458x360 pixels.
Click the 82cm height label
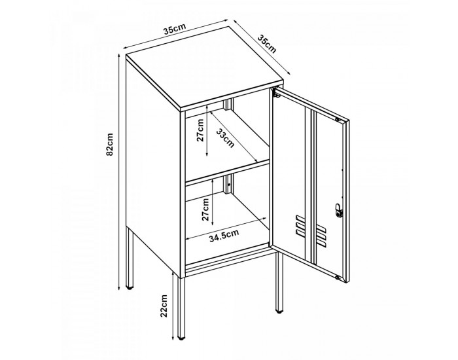(110, 145)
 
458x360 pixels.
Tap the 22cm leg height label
(164, 306)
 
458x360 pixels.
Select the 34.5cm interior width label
(224, 236)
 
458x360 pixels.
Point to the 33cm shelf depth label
(225, 139)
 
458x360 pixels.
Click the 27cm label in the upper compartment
(200, 130)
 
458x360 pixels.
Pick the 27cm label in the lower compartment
(205, 209)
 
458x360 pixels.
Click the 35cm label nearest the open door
(266, 44)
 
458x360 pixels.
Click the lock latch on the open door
(338, 210)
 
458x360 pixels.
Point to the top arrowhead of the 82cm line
(119, 56)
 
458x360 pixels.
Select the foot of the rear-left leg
(130, 288)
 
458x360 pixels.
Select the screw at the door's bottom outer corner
(338, 278)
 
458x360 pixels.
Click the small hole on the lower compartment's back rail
(229, 185)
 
